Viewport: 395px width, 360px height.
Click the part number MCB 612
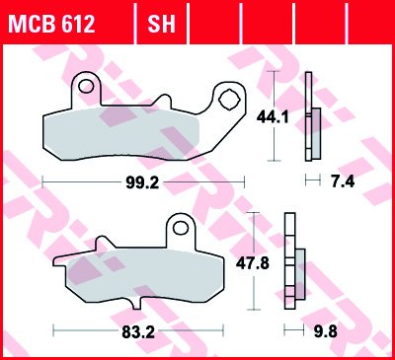tap(52, 24)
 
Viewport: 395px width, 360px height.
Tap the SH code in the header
tap(161, 24)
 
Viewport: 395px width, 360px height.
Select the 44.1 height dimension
tap(273, 117)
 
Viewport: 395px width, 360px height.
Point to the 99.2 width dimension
tap(142, 182)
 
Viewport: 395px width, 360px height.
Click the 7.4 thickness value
tap(343, 181)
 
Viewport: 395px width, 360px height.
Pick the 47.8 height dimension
tap(253, 263)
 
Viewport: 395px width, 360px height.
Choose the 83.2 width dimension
tap(138, 332)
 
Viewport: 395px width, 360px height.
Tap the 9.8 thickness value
tap(325, 332)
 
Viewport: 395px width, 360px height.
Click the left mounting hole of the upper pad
tap(86, 87)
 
